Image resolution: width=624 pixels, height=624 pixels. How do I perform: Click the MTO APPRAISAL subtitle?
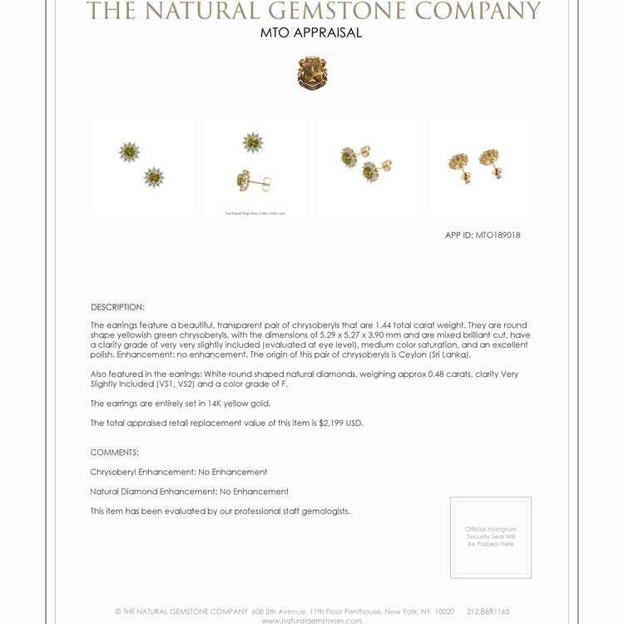(311, 33)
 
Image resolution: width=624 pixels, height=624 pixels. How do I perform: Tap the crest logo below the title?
(312, 73)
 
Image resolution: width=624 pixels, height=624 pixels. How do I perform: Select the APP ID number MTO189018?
(498, 235)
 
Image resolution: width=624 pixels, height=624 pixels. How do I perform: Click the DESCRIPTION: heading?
(117, 307)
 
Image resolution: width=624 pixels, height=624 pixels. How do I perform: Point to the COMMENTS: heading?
(115, 453)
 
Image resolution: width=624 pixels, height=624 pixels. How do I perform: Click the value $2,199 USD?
(341, 423)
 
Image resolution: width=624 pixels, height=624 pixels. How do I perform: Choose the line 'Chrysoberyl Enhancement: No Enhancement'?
(179, 472)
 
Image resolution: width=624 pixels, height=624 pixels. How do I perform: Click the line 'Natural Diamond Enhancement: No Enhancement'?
(190, 492)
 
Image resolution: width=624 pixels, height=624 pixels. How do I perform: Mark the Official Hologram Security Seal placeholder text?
(491, 537)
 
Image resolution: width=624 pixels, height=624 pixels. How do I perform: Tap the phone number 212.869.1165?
(488, 612)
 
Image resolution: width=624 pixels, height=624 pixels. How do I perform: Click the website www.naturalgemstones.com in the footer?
(312, 621)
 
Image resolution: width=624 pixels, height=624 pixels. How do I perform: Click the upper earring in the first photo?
(130, 152)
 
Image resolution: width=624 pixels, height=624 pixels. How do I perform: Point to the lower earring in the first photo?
(154, 177)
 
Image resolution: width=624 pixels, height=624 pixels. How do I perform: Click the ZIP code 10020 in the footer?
(444, 612)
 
